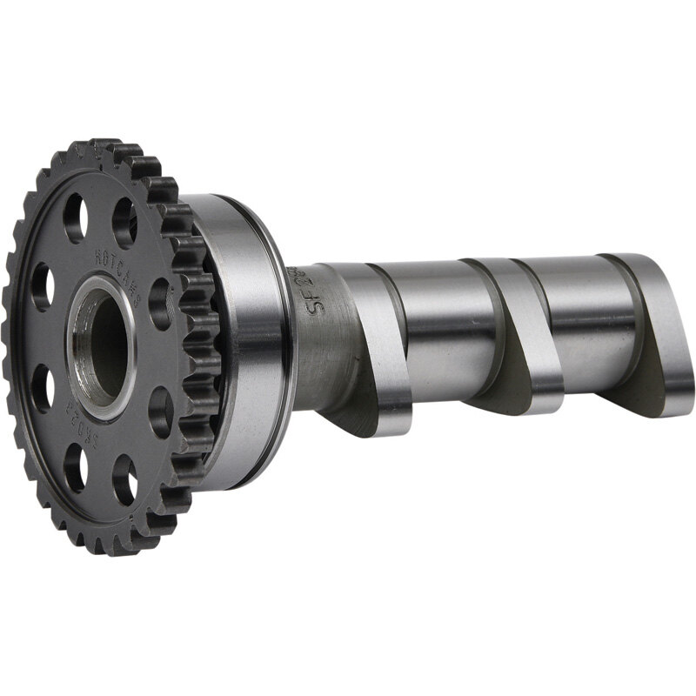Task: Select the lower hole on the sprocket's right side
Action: coord(160,409)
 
